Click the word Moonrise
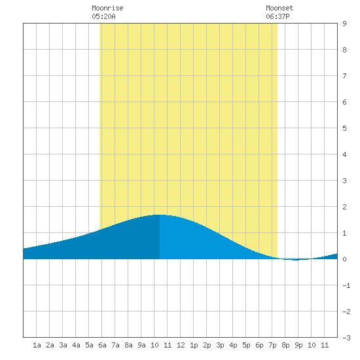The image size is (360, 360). pyautogui.click(x=107, y=8)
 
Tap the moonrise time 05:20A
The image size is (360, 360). pyautogui.click(x=103, y=16)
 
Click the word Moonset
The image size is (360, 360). pyautogui.click(x=279, y=8)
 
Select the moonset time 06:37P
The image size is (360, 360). pyautogui.click(x=278, y=16)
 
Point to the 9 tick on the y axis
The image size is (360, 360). pyautogui.click(x=344, y=24)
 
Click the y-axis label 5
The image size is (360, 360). pyautogui.click(x=344, y=128)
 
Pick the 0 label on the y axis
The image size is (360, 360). pyautogui.click(x=344, y=259)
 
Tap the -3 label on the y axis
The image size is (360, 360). pyautogui.click(x=346, y=338)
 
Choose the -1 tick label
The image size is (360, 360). pyautogui.click(x=346, y=285)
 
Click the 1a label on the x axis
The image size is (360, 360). pyautogui.click(x=37, y=345)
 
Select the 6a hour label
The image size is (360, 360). pyautogui.click(x=102, y=345)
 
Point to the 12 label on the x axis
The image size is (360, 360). pyautogui.click(x=181, y=345)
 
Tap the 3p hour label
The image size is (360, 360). pyautogui.click(x=220, y=345)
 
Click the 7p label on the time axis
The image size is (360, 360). pyautogui.click(x=272, y=345)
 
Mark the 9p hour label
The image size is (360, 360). pyautogui.click(x=298, y=345)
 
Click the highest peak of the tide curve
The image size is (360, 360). pyautogui.click(x=160, y=215)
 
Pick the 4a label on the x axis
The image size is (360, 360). pyautogui.click(x=76, y=345)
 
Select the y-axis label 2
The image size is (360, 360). pyautogui.click(x=344, y=207)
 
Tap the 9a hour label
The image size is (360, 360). pyautogui.click(x=141, y=345)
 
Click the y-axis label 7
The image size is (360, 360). pyautogui.click(x=344, y=76)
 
